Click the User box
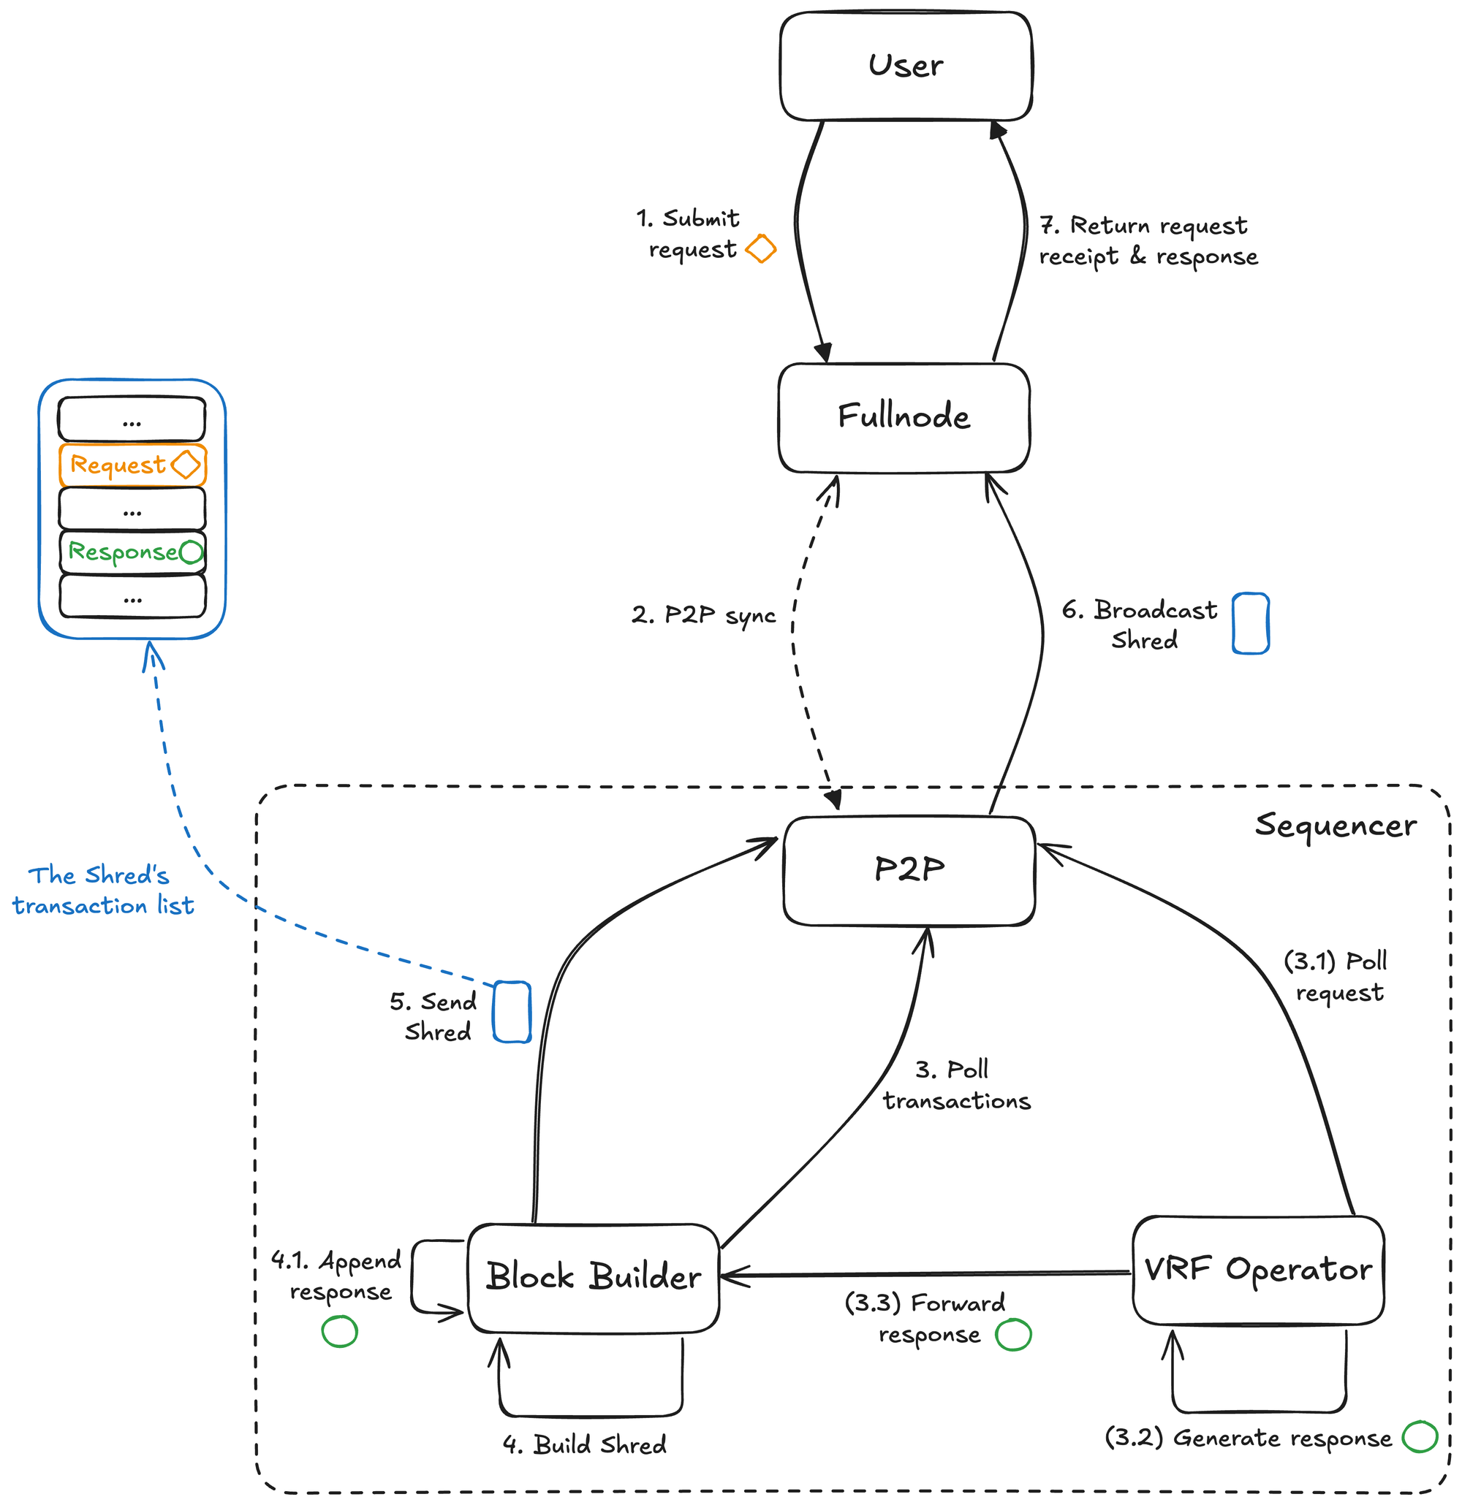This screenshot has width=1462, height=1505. [x=905, y=66]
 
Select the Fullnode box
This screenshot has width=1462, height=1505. [x=904, y=417]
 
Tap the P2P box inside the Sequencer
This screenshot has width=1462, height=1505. [x=909, y=870]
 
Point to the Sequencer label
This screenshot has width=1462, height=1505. [x=1336, y=826]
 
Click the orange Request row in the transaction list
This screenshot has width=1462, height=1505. [x=132, y=465]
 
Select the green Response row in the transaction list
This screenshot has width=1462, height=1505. [x=132, y=552]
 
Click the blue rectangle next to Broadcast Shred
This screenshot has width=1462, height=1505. [x=1250, y=622]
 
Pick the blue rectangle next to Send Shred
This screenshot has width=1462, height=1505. [x=512, y=1012]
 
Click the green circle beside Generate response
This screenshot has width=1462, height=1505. [x=1419, y=1436]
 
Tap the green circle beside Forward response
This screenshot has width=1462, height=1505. [x=1012, y=1335]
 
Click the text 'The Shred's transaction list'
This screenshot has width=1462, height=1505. [x=102, y=891]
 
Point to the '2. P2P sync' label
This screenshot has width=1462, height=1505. [x=703, y=615]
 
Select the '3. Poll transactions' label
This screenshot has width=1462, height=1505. [x=955, y=1085]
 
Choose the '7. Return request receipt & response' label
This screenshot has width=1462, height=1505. [x=1148, y=241]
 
